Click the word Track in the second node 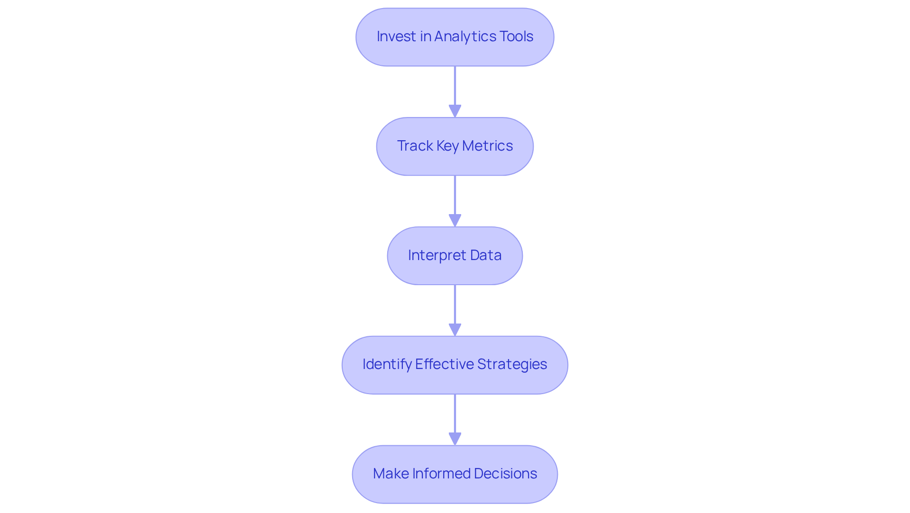pos(415,146)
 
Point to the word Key pos(447,146)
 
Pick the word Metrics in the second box pos(487,146)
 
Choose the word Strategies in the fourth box pos(512,364)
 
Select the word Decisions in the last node pos(505,474)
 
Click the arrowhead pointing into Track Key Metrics pos(455,111)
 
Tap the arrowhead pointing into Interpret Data pos(455,221)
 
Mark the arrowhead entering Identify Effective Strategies pos(455,330)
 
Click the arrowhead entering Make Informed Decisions pos(455,439)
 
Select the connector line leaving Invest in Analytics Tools pos(455,85)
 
